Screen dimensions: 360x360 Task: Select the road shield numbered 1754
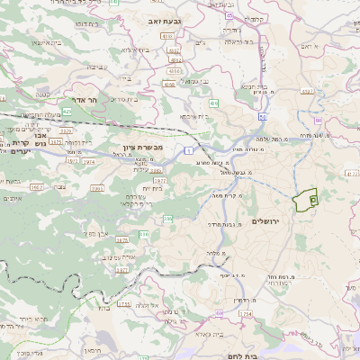coord(245,313)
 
